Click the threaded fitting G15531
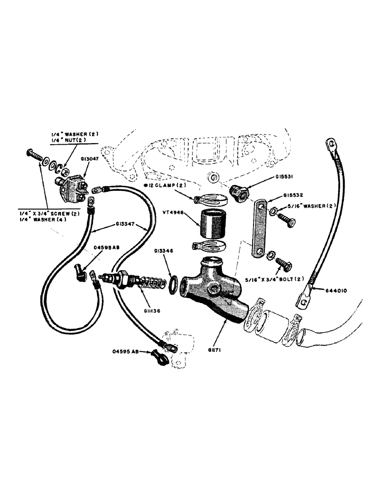pyautogui.click(x=241, y=193)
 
